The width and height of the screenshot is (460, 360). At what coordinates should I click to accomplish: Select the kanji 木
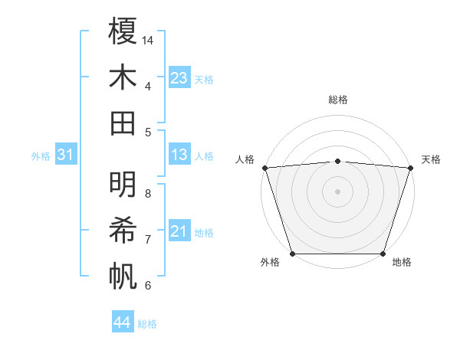click(x=123, y=77)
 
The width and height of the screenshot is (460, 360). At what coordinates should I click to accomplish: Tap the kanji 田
click(x=123, y=123)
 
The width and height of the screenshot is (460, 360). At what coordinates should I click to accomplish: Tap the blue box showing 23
click(x=179, y=78)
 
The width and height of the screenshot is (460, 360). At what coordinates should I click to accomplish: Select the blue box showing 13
click(x=179, y=155)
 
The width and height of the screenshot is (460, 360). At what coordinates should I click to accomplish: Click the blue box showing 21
click(x=179, y=231)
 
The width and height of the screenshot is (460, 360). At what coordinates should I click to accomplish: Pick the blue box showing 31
click(x=66, y=155)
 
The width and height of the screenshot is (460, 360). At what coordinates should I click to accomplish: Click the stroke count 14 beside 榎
click(x=149, y=40)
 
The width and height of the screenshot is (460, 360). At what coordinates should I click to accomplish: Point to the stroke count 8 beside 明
click(x=148, y=194)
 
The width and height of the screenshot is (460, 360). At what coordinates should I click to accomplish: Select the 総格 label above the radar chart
click(x=338, y=100)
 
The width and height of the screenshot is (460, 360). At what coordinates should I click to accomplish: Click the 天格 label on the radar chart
click(x=432, y=159)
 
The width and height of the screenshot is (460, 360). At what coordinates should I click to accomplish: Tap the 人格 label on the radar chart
click(x=245, y=159)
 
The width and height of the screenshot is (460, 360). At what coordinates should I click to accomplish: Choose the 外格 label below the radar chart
click(x=270, y=263)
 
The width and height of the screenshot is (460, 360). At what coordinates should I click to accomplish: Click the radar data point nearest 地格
click(x=383, y=254)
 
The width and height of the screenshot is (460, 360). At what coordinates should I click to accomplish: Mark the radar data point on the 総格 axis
click(x=338, y=161)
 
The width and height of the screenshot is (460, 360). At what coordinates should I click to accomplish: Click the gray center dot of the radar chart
click(x=338, y=191)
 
